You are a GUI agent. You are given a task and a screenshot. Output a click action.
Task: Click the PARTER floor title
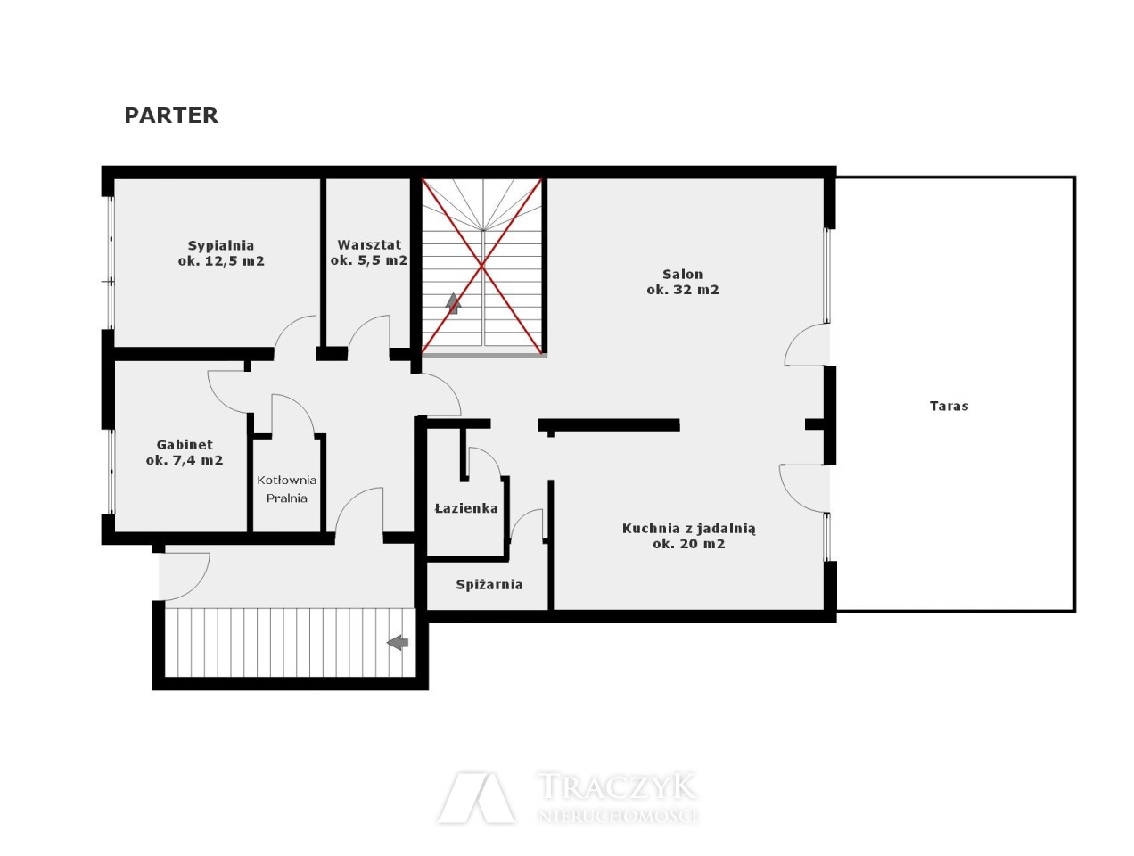171,115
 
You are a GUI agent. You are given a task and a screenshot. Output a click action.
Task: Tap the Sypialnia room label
221,252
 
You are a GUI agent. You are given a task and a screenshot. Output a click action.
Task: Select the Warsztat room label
369,252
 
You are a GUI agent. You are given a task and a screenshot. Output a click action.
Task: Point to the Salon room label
683,282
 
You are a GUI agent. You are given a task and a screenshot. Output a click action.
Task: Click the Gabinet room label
185,452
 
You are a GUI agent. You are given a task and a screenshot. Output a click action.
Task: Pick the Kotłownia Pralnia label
287,489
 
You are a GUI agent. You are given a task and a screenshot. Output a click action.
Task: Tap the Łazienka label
466,508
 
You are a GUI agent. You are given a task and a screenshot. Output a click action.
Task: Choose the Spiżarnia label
489,584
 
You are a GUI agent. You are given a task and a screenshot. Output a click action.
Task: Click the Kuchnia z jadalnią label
688,536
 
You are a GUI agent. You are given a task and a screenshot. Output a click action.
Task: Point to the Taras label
949,406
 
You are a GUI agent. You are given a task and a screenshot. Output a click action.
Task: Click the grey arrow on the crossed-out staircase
453,303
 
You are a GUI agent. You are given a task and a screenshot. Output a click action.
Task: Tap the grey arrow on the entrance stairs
398,643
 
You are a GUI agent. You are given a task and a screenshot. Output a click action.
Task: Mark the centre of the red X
482,266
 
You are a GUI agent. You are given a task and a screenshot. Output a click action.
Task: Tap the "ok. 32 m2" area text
683,289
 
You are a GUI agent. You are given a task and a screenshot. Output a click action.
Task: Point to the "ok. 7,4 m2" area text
185,460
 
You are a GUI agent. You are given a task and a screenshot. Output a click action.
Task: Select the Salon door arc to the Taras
794,338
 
